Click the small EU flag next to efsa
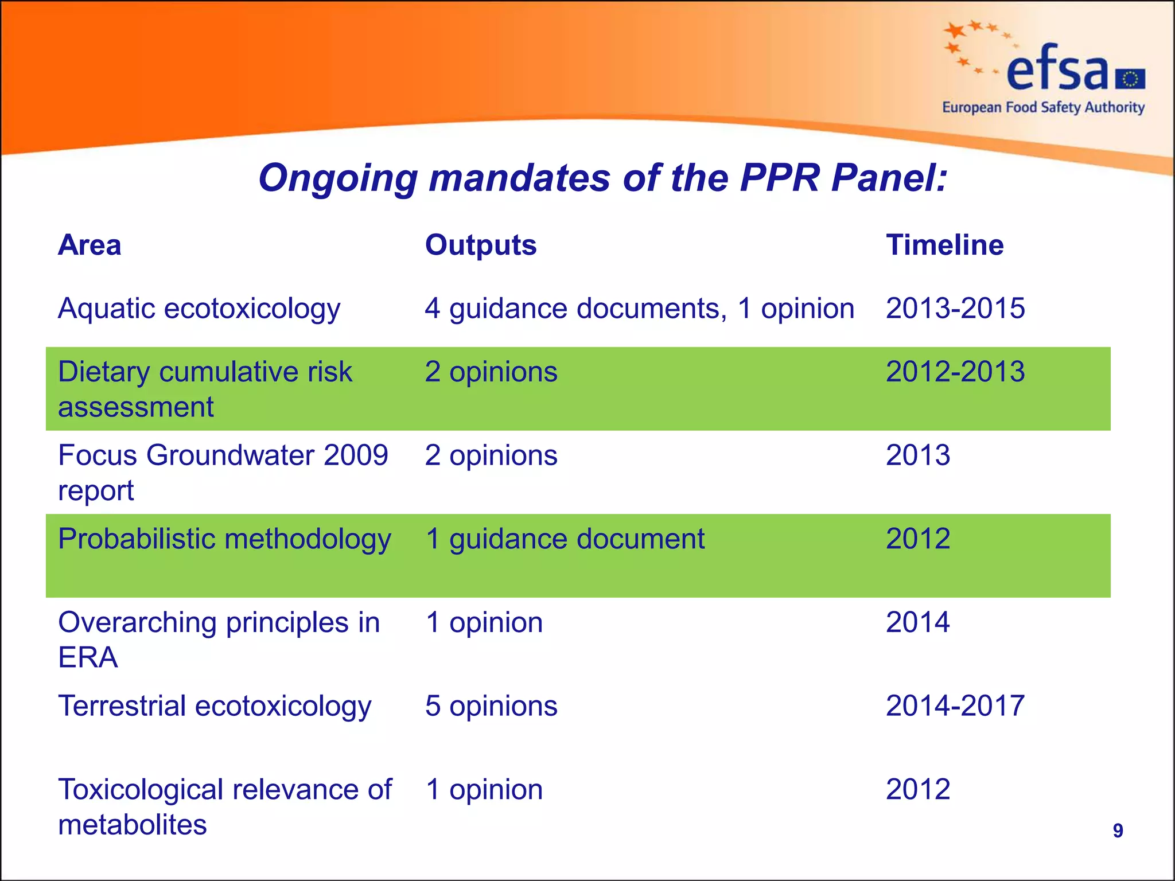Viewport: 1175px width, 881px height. point(1130,79)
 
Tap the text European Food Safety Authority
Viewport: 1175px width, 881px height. point(1043,108)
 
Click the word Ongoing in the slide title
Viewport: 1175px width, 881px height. point(338,178)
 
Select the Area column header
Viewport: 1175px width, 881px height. point(90,245)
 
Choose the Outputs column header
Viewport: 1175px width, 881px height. point(481,245)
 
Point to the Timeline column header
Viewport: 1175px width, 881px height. point(944,245)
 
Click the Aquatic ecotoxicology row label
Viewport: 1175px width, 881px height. point(199,309)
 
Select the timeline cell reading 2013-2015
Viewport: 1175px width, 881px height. point(955,309)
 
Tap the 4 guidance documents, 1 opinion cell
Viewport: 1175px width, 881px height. point(639,309)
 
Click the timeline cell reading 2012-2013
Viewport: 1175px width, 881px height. point(955,372)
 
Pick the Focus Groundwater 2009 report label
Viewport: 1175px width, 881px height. point(223,472)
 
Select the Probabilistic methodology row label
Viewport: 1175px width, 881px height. point(224,539)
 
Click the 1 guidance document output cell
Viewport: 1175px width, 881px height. point(565,539)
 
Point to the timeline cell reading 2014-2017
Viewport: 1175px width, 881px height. point(955,705)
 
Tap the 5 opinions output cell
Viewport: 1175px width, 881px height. point(491,705)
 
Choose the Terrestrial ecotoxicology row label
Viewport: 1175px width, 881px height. point(215,705)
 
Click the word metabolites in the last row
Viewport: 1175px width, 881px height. point(133,825)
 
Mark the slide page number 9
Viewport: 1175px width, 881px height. point(1118,831)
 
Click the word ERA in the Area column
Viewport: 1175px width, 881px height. point(88,657)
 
